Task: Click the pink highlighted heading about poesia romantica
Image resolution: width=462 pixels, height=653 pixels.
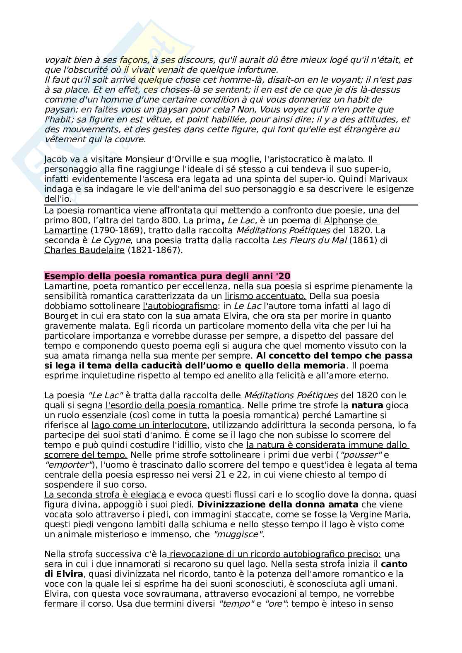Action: click(167, 276)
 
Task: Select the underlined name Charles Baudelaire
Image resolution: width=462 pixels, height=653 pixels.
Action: click(84, 250)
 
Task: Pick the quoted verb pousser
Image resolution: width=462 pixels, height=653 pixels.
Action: click(354, 454)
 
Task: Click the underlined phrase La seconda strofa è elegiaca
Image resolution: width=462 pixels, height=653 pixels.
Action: click(105, 494)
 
